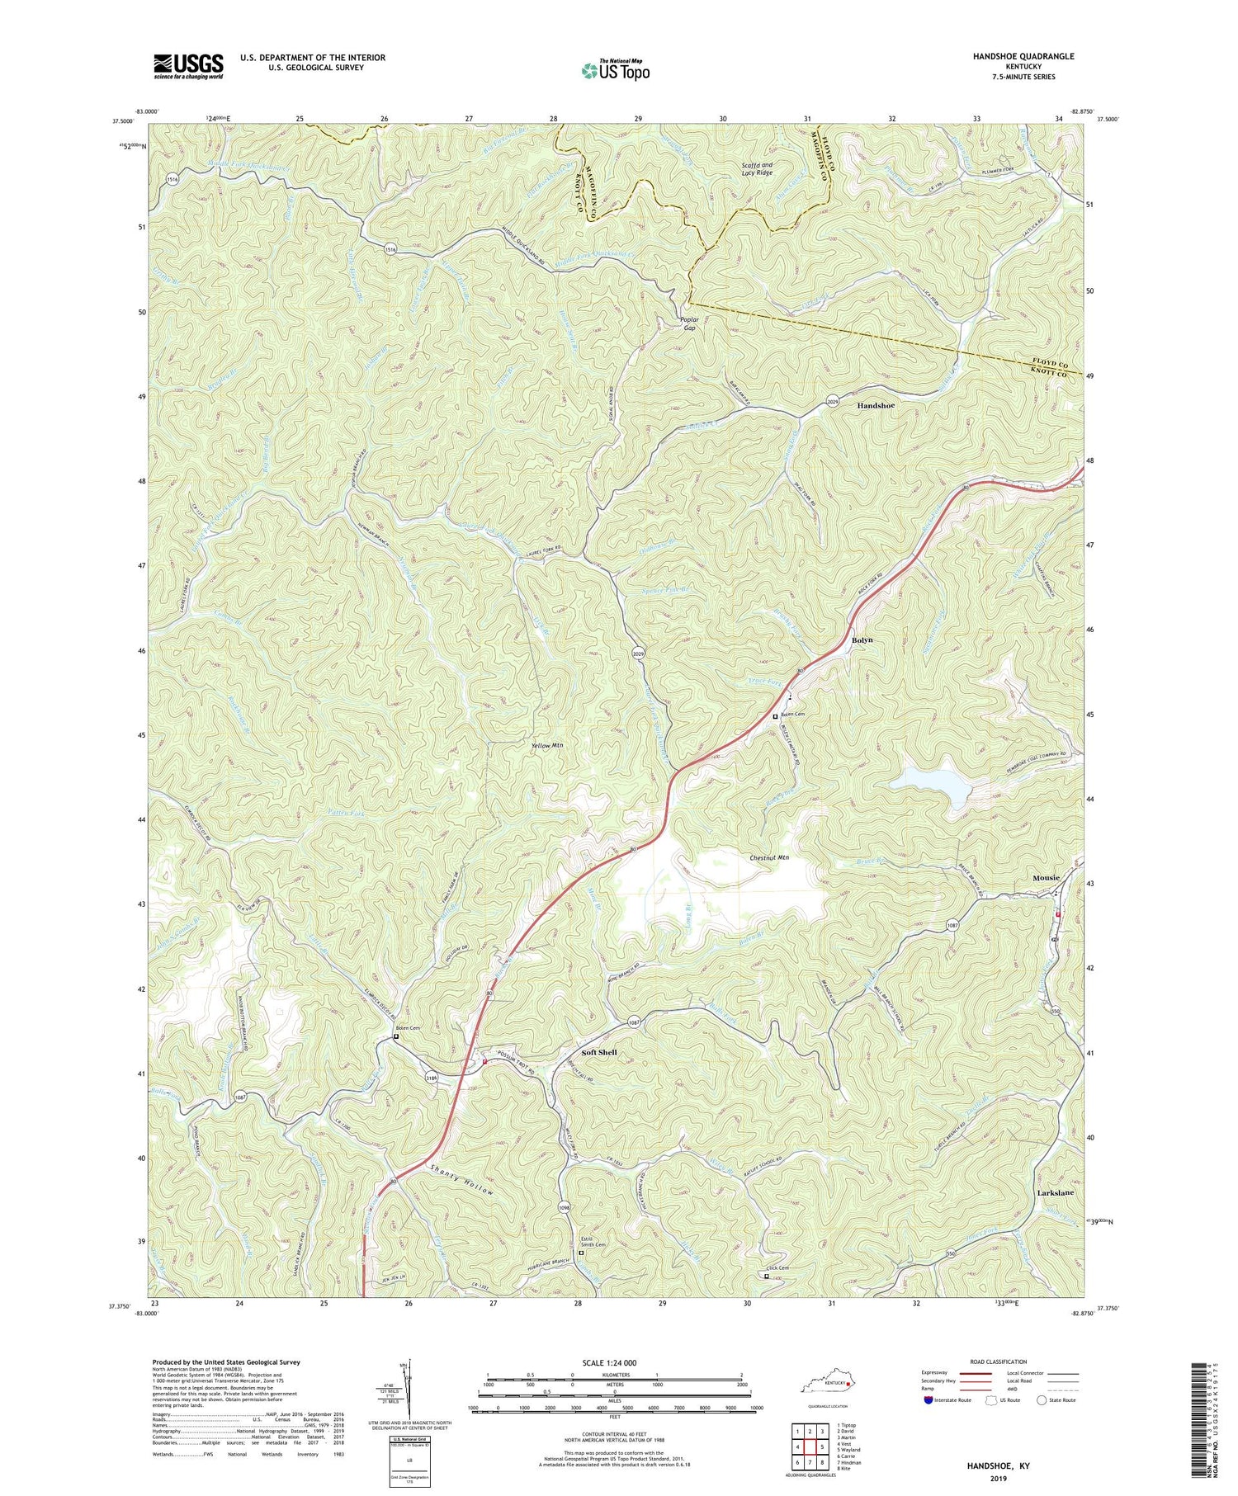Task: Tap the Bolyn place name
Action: tap(862, 640)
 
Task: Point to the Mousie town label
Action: tap(1046, 878)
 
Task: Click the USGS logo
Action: tap(188, 66)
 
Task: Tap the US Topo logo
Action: tap(615, 71)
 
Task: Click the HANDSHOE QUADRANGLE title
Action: tap(1013, 56)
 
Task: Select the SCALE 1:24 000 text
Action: tap(615, 1362)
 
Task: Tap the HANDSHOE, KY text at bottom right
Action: tap(999, 1466)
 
